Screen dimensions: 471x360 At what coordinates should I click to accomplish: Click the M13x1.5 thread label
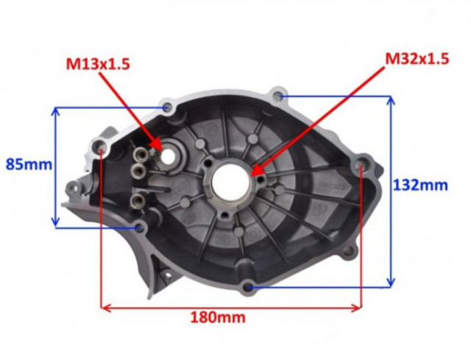98,64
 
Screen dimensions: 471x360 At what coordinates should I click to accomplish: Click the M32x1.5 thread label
417,59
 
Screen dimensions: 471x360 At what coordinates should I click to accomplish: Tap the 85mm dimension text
29,165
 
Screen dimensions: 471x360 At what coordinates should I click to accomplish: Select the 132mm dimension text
420,185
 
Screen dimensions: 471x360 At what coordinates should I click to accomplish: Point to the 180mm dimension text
218,317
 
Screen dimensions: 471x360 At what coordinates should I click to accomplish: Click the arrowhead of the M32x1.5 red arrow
255,170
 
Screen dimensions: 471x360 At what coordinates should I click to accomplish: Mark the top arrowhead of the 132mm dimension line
391,101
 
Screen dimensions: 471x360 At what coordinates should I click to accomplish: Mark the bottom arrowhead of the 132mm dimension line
391,283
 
